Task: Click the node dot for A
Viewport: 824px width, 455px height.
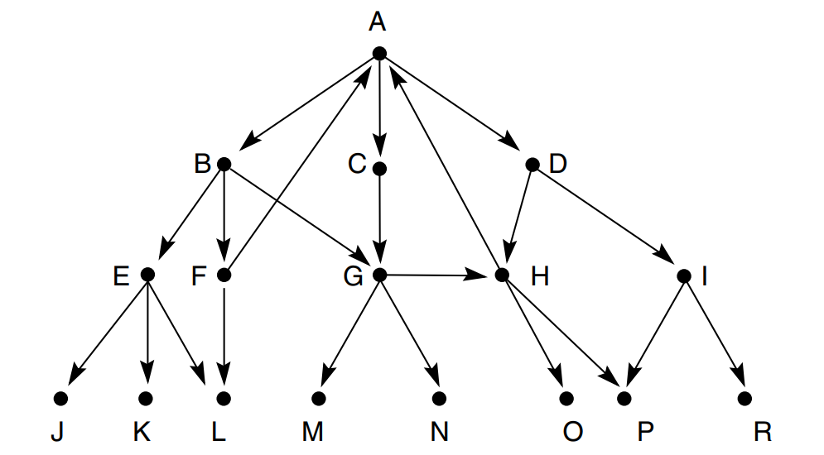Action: pyautogui.click(x=379, y=54)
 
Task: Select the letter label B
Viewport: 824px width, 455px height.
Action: pyautogui.click(x=202, y=164)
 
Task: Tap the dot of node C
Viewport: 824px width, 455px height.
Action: pyautogui.click(x=380, y=168)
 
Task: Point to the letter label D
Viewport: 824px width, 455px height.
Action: pyautogui.click(x=557, y=164)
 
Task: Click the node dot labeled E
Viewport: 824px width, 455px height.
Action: pyautogui.click(x=148, y=275)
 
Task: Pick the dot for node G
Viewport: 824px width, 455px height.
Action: pyautogui.click(x=380, y=275)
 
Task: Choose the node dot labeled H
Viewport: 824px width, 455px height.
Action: pyautogui.click(x=501, y=275)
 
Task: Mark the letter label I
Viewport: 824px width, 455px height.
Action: pyautogui.click(x=704, y=276)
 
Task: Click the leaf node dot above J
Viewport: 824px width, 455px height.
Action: pyautogui.click(x=60, y=399)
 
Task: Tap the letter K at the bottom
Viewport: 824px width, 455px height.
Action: pyautogui.click(x=142, y=433)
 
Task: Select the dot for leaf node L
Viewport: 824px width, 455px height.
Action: pyautogui.click(x=224, y=399)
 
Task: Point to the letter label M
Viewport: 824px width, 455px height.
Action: pyautogui.click(x=312, y=433)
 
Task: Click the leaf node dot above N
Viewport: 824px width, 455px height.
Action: pyautogui.click(x=439, y=399)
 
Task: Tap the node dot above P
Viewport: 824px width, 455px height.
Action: pyautogui.click(x=624, y=399)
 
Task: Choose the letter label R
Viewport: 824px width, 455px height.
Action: pyautogui.click(x=764, y=433)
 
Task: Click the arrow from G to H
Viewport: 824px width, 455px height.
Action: pyautogui.click(x=439, y=275)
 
